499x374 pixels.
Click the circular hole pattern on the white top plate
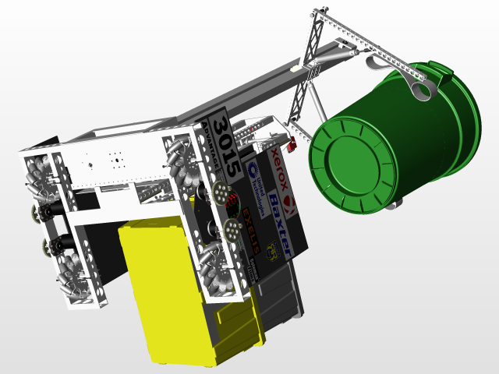point(117,161)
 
